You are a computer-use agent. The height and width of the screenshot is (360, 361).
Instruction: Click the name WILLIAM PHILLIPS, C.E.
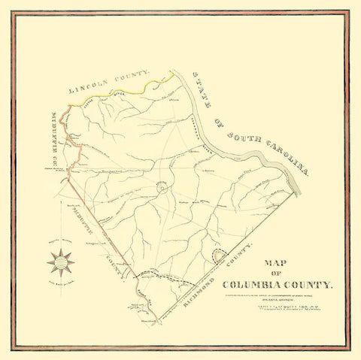[x=286, y=308]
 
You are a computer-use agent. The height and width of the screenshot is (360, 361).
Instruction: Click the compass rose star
[x=59, y=263]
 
